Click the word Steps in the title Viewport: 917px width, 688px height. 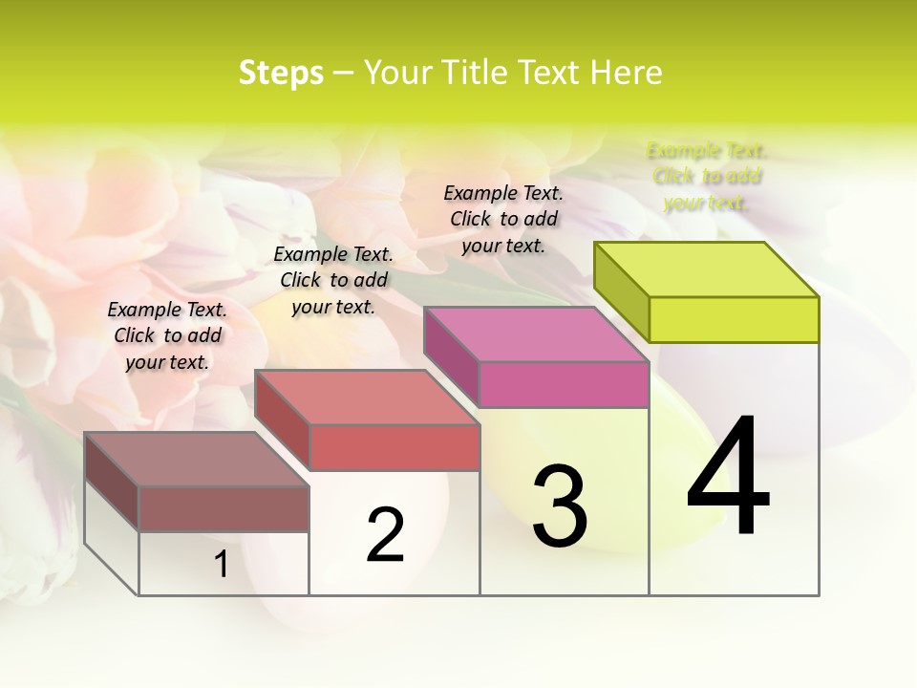point(281,73)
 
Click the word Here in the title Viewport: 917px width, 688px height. point(626,73)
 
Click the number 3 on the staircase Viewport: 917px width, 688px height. point(560,506)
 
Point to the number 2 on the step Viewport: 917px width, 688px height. point(386,535)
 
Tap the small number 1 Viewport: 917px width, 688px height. point(222,565)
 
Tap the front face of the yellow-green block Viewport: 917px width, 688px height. point(734,319)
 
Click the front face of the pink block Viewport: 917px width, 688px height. point(564,384)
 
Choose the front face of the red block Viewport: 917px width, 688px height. point(394,447)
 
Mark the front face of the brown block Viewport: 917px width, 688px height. point(224,508)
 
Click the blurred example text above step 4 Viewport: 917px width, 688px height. point(707,177)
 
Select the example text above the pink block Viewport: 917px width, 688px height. point(503,219)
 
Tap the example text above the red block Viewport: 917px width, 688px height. point(333,280)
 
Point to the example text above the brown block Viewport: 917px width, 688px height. point(167,335)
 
